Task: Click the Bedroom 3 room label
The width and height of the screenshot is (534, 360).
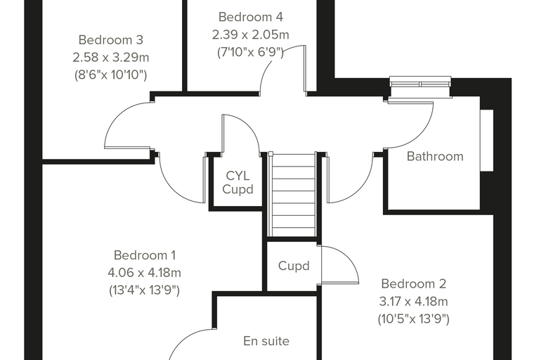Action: click(111, 40)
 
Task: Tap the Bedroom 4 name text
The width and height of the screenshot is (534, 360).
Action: click(251, 17)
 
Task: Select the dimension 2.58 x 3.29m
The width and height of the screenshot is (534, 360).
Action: click(111, 57)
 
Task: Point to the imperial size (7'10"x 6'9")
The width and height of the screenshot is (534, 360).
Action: click(250, 52)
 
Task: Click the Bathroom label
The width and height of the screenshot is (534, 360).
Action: click(435, 156)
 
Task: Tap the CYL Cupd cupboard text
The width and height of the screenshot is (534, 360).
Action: click(237, 182)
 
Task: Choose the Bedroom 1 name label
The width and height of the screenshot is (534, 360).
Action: click(145, 255)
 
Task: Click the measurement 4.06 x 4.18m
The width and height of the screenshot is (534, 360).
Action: click(145, 273)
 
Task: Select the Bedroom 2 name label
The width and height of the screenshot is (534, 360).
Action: click(413, 283)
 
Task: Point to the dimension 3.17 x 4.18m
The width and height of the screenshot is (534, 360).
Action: click(413, 302)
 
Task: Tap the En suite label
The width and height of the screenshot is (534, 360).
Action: click(266, 341)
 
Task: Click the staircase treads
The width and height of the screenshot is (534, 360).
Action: click(294, 195)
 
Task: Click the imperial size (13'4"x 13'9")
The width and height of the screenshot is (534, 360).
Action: click(145, 290)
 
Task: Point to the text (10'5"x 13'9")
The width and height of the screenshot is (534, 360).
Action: click(413, 319)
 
